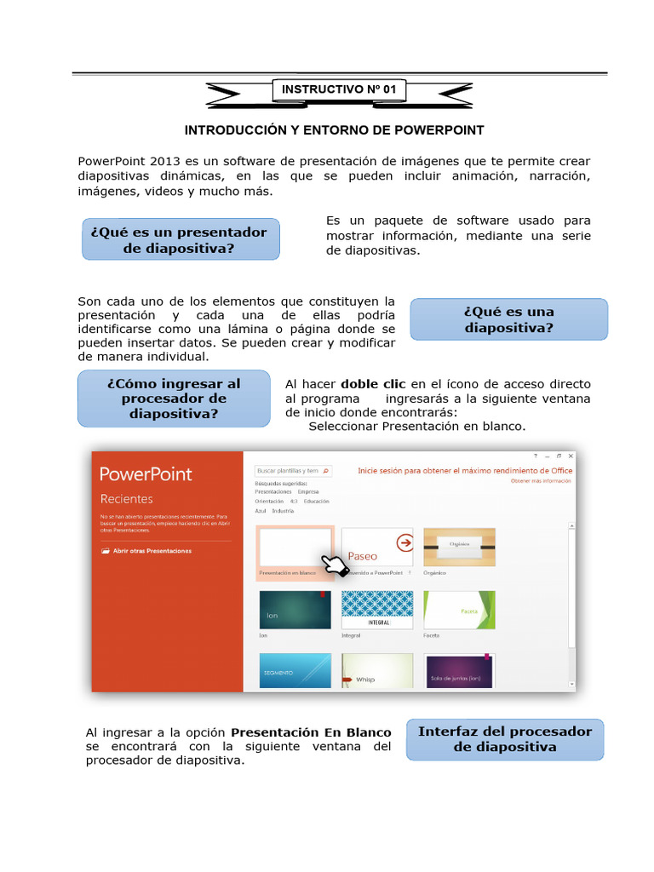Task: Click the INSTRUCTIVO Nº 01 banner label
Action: [x=339, y=89]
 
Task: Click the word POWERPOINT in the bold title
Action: [x=440, y=130]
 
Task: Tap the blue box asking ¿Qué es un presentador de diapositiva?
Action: [x=180, y=239]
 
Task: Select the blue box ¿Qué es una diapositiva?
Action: [x=508, y=319]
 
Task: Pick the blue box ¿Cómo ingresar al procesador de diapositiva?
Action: [x=174, y=399]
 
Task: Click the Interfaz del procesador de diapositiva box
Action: [x=505, y=738]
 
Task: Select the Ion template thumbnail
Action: [x=295, y=610]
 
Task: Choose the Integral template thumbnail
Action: [x=377, y=610]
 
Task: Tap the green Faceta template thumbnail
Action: [x=459, y=610]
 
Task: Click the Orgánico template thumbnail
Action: [x=459, y=547]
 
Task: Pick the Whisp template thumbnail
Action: [x=377, y=671]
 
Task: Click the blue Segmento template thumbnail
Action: [x=295, y=671]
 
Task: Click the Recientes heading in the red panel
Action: [x=127, y=499]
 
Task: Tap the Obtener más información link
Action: [x=541, y=481]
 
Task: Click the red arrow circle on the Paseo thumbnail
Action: [x=405, y=542]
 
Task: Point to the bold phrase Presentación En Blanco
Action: [x=312, y=732]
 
